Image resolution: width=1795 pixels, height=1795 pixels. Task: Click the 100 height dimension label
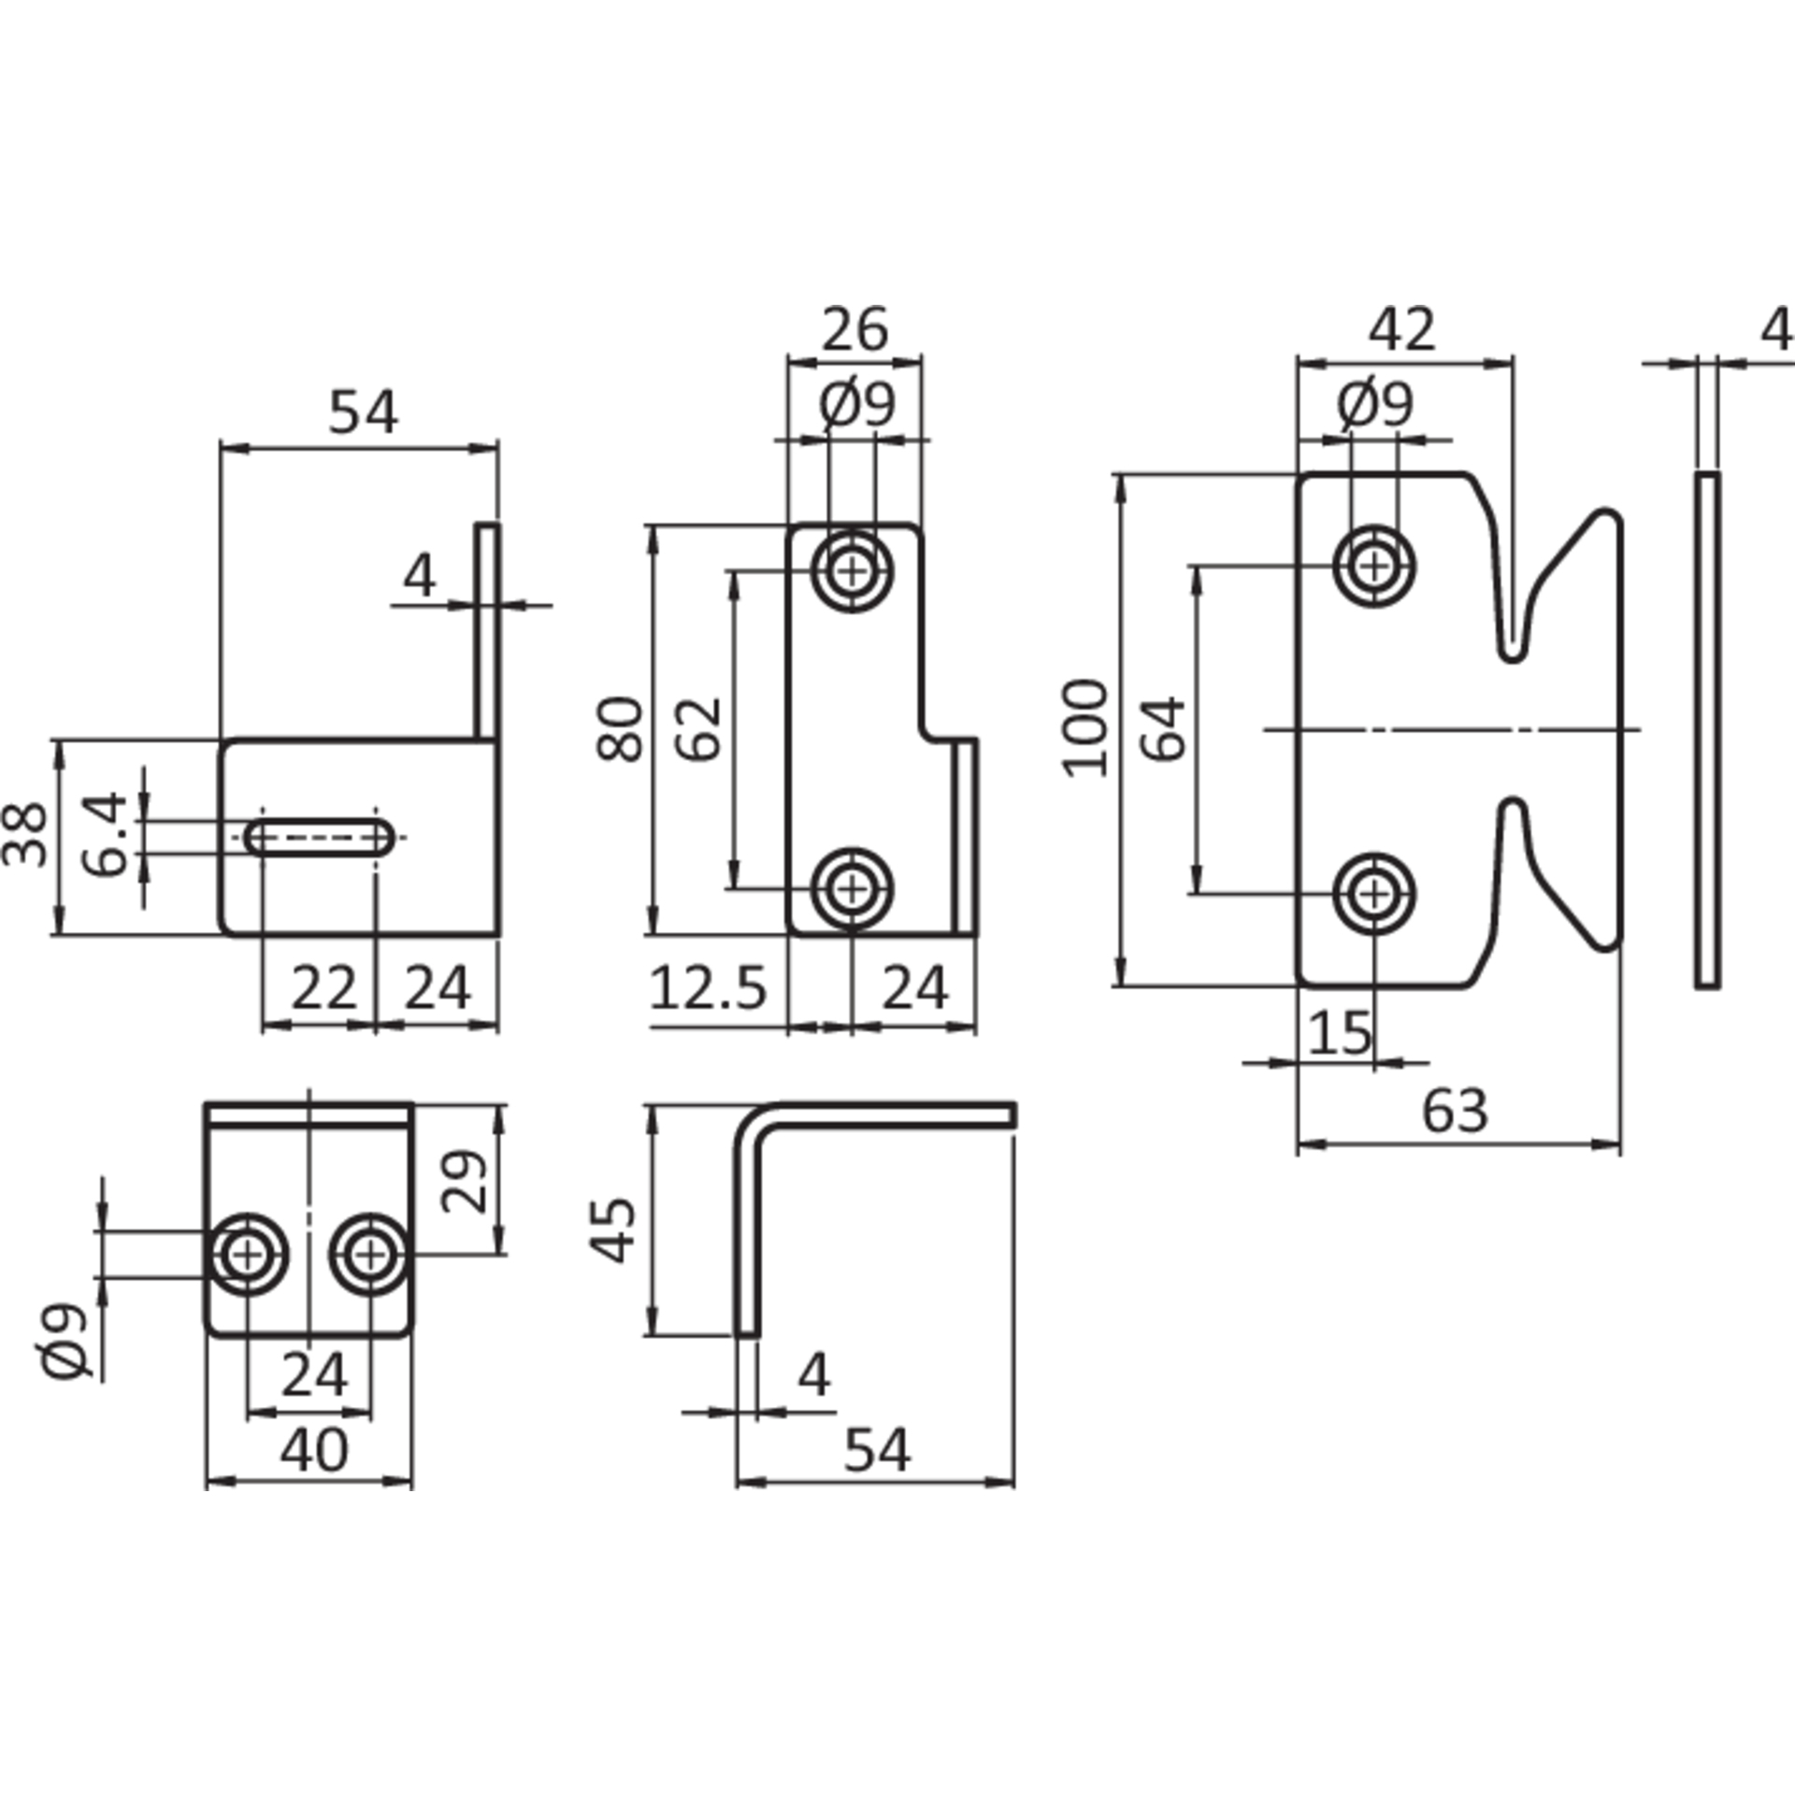click(1085, 728)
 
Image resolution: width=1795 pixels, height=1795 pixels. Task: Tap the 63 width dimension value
click(1455, 1112)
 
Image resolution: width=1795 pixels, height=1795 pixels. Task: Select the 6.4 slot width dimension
click(103, 835)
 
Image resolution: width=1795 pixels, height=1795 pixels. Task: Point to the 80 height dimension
click(620, 729)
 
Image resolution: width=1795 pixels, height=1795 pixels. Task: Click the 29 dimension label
click(464, 1182)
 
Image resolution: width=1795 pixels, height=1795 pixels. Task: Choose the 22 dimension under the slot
click(323, 987)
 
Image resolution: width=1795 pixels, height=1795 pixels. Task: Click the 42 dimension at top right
click(1402, 330)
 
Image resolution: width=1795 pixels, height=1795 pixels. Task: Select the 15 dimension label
click(1340, 1033)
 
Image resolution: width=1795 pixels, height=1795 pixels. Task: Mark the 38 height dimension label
click(25, 835)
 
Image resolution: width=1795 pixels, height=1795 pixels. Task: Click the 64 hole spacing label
click(1163, 729)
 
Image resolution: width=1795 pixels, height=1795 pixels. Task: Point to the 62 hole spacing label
click(700, 729)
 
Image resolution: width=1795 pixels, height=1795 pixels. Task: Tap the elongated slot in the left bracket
click(320, 838)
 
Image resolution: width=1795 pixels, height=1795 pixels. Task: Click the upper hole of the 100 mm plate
click(1373, 566)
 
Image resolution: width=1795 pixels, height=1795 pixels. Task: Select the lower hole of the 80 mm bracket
click(852, 887)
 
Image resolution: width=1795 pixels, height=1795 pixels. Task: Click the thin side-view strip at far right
click(1707, 730)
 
